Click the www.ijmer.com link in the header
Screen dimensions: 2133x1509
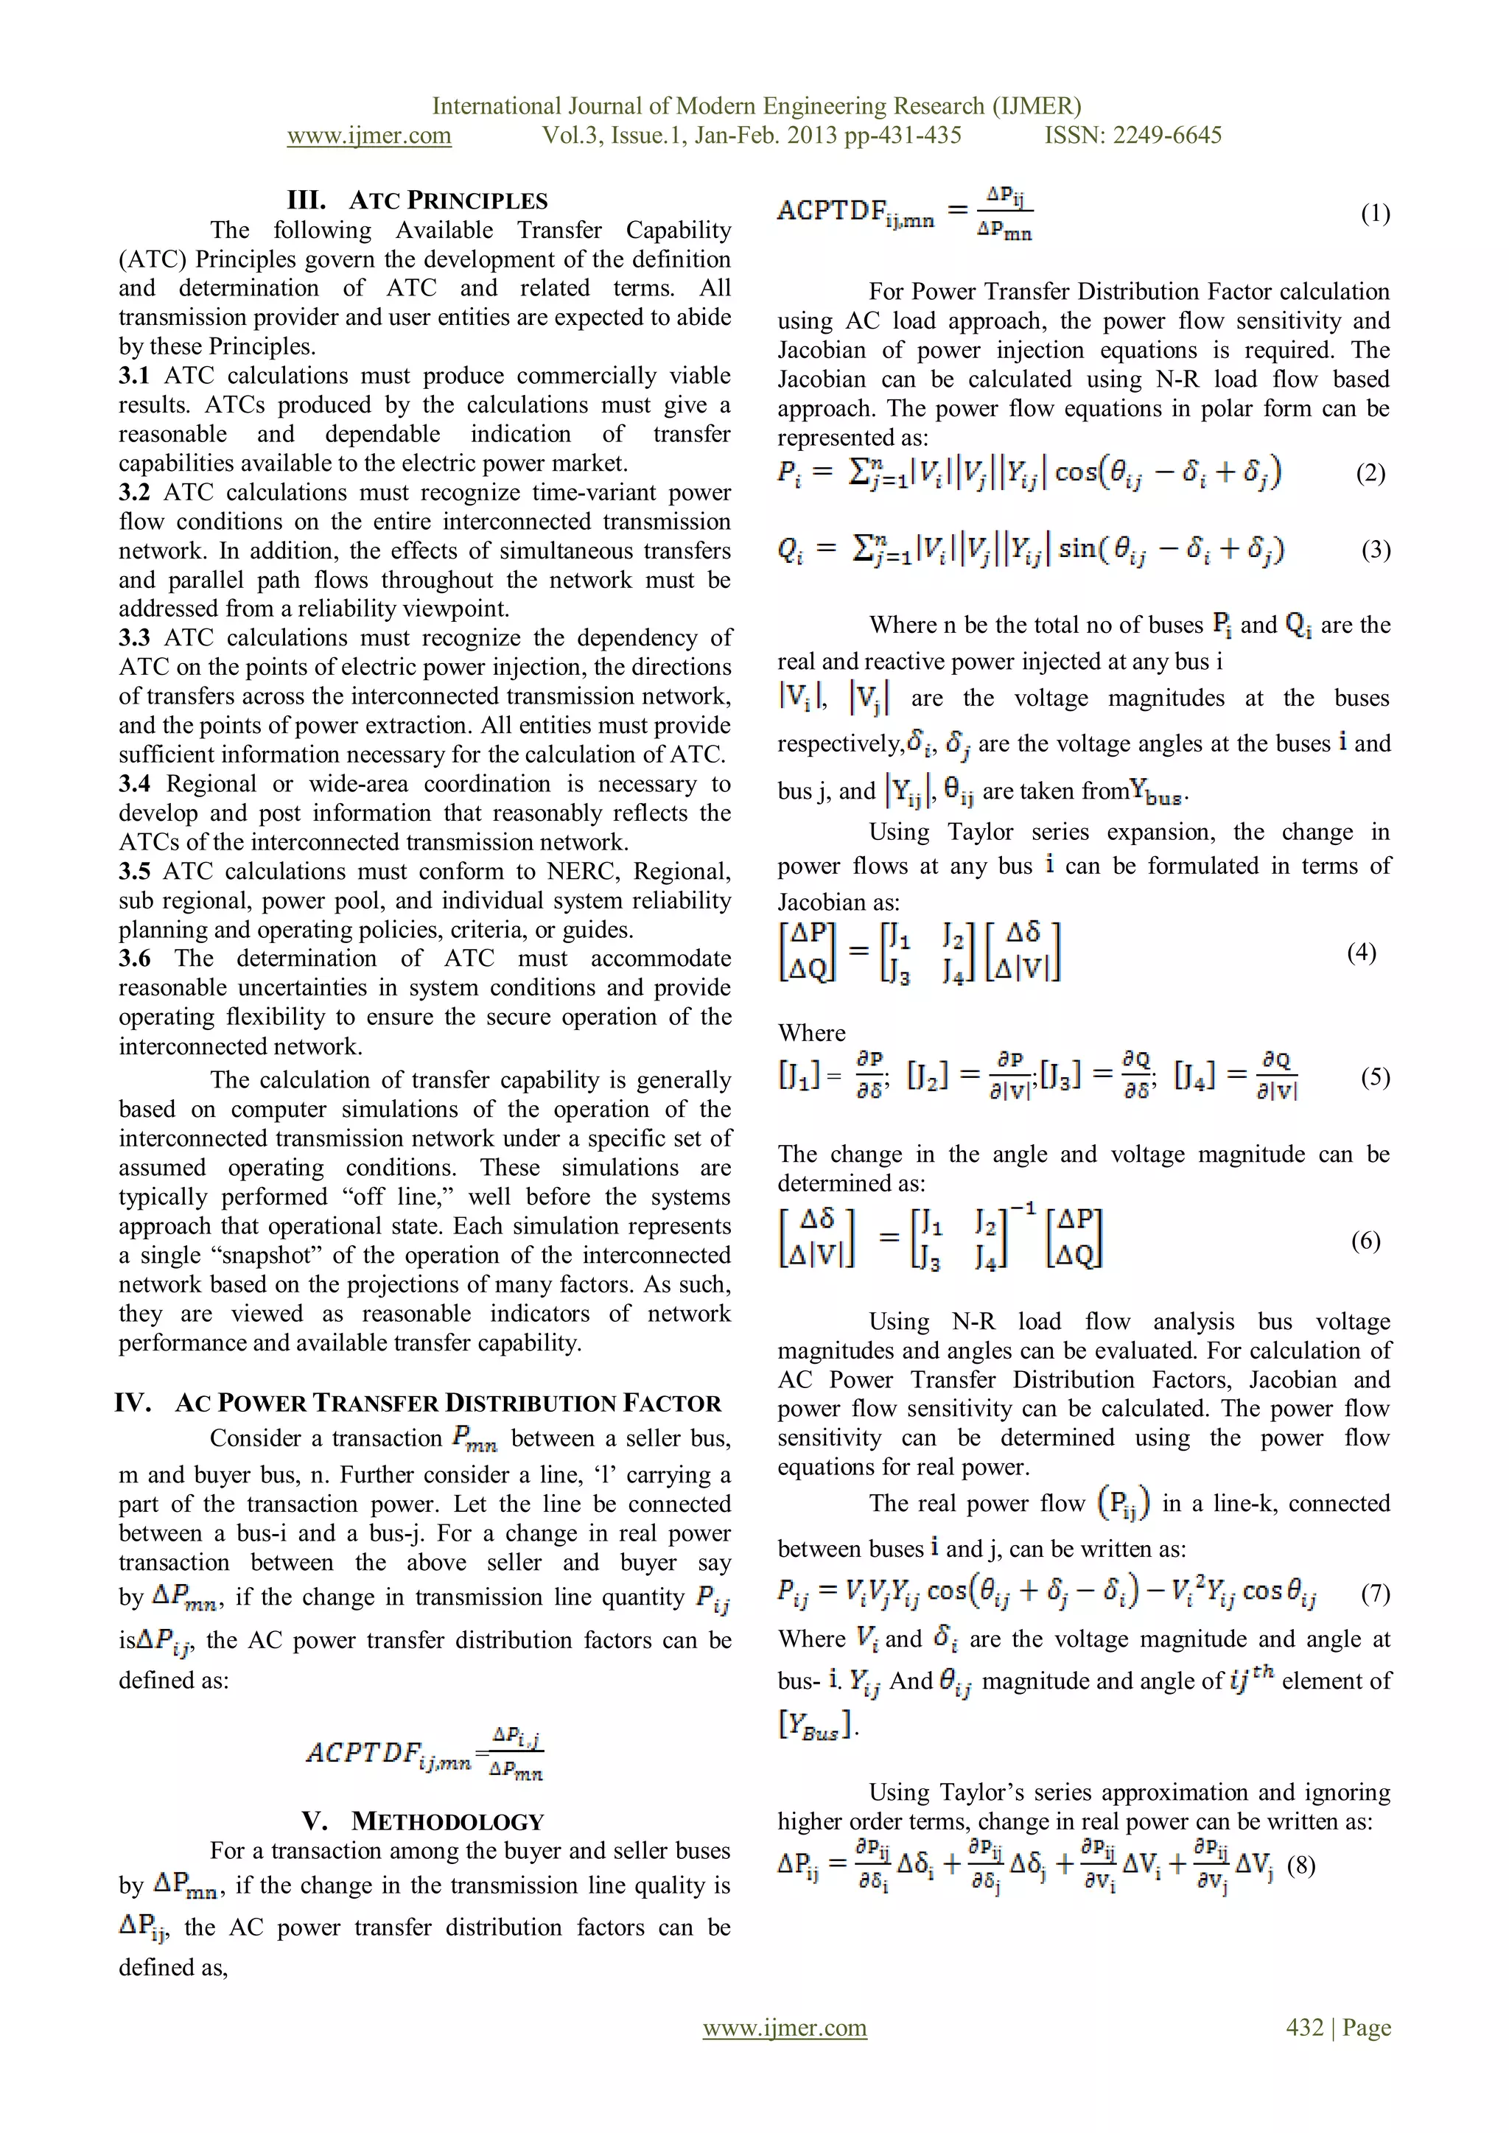click(x=369, y=136)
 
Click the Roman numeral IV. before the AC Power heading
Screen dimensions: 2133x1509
click(x=133, y=1403)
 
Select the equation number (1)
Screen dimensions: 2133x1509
click(x=1375, y=214)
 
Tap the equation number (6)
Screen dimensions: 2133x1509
click(x=1365, y=1241)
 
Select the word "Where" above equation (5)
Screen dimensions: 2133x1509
click(x=811, y=1033)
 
